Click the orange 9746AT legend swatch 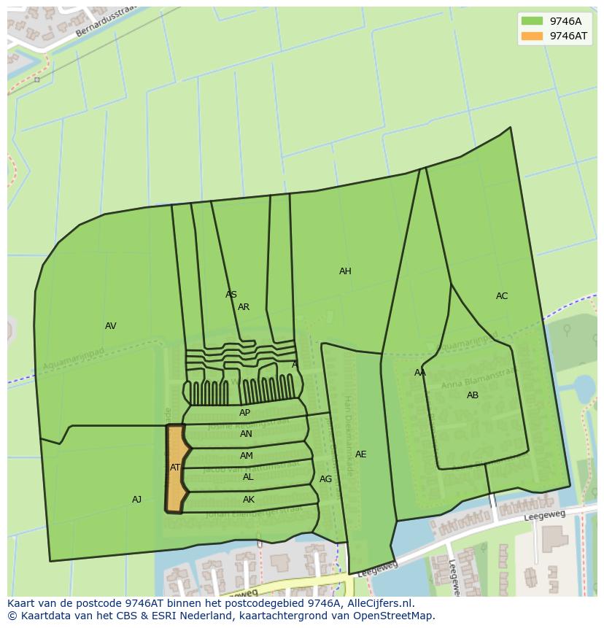coord(533,36)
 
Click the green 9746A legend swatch coord(533,21)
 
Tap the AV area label coord(111,326)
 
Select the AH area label coord(345,271)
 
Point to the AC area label coord(502,296)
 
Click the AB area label coord(473,395)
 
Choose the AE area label coord(360,454)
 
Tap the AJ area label coord(136,500)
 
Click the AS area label coord(231,295)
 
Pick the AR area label coord(244,307)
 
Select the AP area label coord(245,413)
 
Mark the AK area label coord(249,500)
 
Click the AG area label coord(325,479)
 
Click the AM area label coord(247,456)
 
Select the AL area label coord(248,477)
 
